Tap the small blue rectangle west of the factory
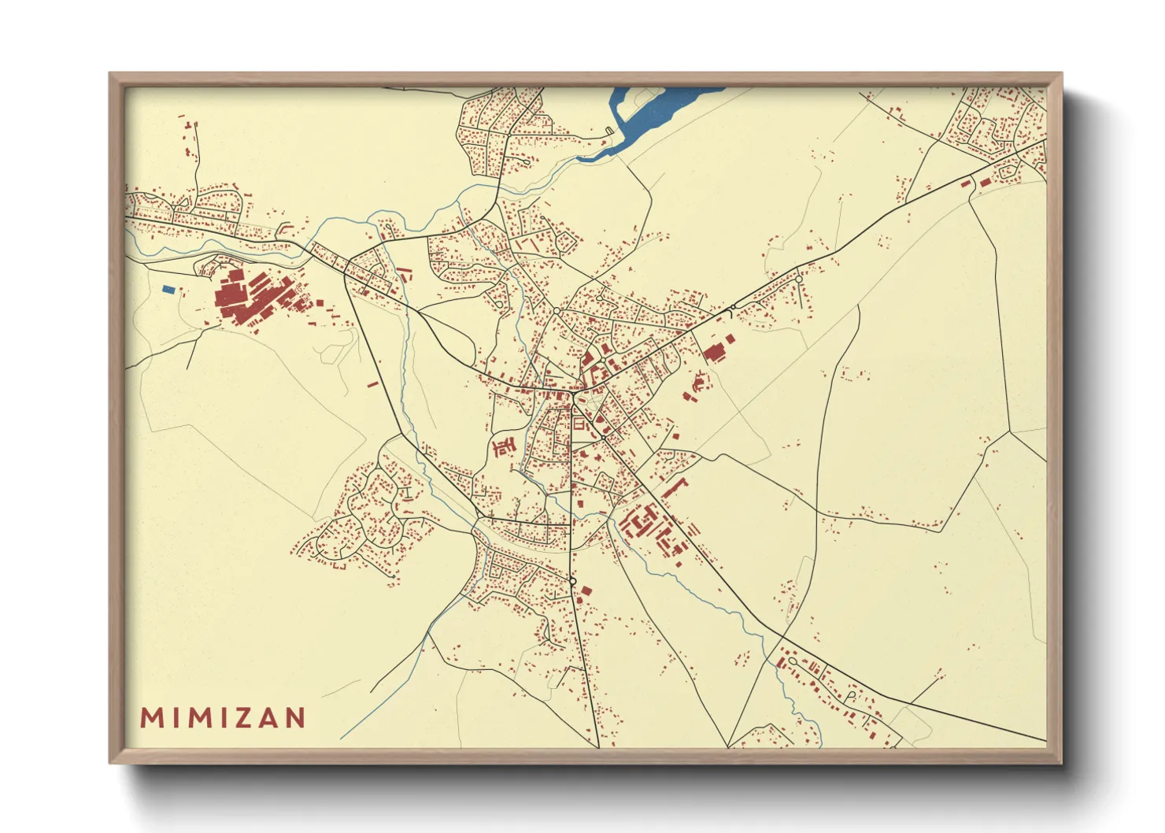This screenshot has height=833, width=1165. click(x=168, y=290)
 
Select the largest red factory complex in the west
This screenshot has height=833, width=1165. click(x=244, y=298)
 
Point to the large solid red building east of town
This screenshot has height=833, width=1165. click(x=715, y=351)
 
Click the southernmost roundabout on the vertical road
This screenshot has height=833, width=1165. click(x=573, y=582)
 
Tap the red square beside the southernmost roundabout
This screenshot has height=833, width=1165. click(x=586, y=591)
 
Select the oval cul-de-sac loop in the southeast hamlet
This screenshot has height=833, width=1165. click(x=851, y=696)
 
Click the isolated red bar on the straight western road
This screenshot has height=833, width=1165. click(x=372, y=384)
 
